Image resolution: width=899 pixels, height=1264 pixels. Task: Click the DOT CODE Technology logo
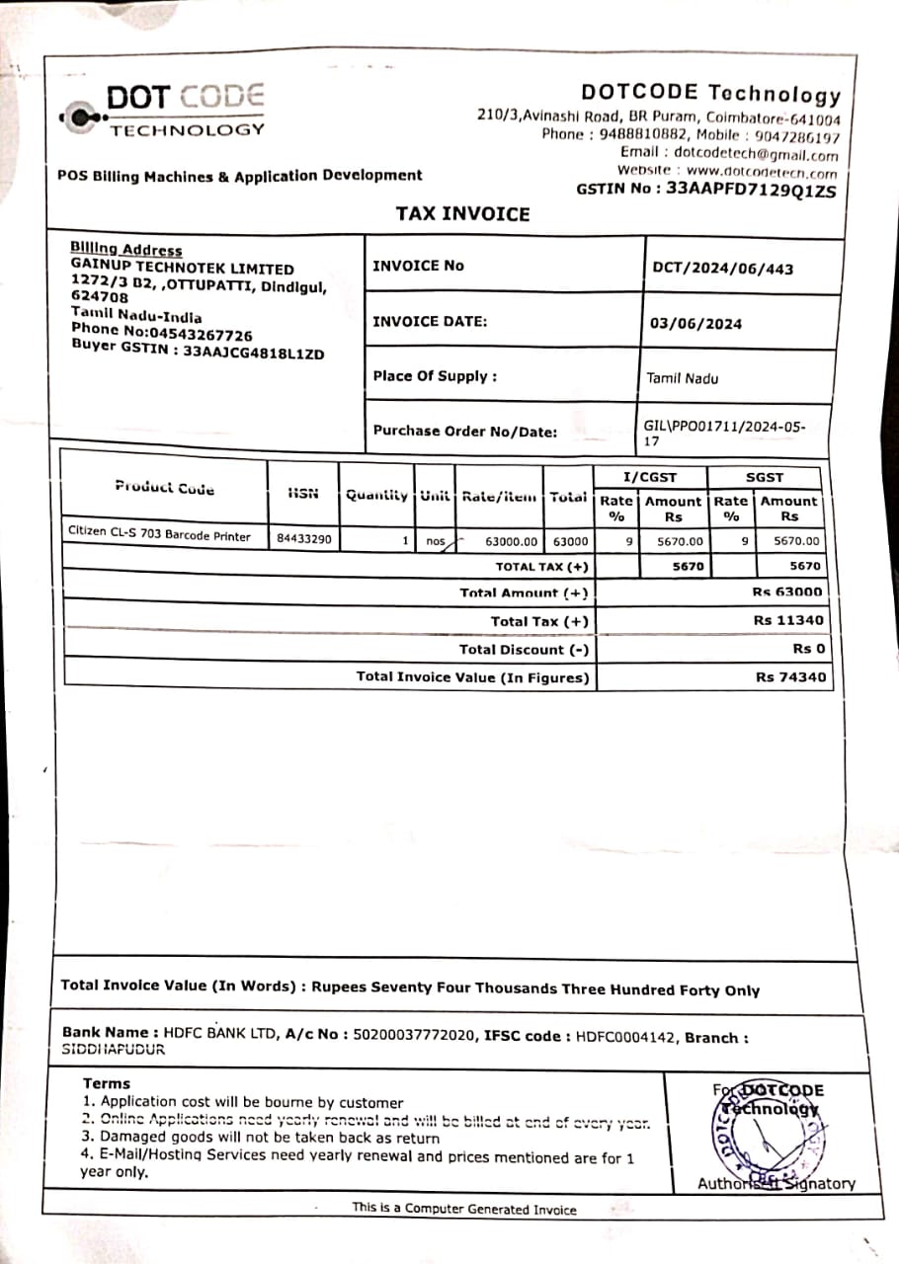click(x=162, y=111)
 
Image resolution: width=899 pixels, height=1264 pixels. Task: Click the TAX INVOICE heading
click(x=463, y=214)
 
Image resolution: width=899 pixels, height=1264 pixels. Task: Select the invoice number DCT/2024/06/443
click(x=722, y=268)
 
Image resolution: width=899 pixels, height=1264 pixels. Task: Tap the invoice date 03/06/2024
click(x=695, y=324)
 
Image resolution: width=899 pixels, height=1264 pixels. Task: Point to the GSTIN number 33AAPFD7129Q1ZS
click(x=751, y=190)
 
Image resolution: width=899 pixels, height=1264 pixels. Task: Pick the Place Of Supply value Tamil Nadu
click(x=683, y=378)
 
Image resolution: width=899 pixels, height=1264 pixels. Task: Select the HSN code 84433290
click(x=304, y=540)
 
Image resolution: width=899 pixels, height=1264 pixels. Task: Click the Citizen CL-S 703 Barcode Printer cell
click(x=159, y=534)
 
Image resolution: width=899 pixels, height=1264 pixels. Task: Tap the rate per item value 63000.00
click(x=512, y=541)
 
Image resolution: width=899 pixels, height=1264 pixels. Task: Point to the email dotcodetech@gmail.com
click(x=756, y=154)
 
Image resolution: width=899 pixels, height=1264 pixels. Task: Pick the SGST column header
click(x=764, y=477)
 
